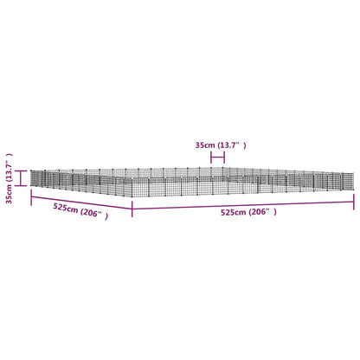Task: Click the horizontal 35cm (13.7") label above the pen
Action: click(x=221, y=145)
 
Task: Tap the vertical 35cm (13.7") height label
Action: click(x=10, y=178)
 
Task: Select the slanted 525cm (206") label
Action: click(x=80, y=211)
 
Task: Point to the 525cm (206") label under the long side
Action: click(x=248, y=212)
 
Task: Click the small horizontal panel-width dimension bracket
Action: click(x=218, y=157)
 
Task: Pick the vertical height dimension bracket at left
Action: click(x=21, y=178)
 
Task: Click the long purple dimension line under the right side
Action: click(x=243, y=205)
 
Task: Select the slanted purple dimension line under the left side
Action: click(x=81, y=202)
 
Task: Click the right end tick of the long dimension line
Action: click(x=354, y=202)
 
